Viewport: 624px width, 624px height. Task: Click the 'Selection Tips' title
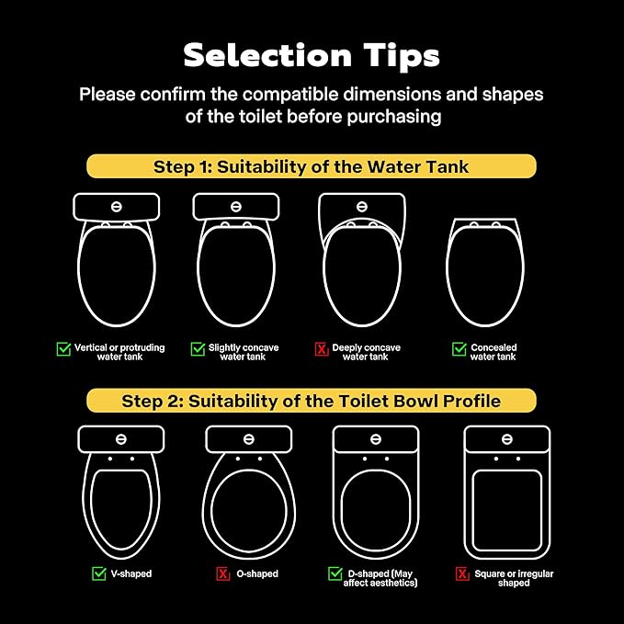312,56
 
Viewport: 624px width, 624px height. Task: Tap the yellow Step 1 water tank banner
312,166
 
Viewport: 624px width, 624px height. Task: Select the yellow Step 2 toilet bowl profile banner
312,401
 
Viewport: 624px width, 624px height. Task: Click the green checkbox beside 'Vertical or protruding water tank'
63,349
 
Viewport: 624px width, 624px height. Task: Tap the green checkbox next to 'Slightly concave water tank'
198,349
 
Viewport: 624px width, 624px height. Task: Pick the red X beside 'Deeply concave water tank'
322,349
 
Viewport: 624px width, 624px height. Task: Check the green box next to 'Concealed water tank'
459,349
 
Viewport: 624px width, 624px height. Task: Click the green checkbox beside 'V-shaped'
99,573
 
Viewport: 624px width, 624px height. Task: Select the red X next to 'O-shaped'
222,573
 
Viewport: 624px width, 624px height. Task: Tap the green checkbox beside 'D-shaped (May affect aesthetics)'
335,573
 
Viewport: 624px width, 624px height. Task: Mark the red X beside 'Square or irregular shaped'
462,573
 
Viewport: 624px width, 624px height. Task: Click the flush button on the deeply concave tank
362,207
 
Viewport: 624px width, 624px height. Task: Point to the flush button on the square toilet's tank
507,439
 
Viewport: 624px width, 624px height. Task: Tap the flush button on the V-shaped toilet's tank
121,439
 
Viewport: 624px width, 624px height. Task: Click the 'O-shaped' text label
257,573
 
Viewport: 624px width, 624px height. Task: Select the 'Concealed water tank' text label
494,352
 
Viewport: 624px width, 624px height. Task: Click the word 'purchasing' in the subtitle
394,118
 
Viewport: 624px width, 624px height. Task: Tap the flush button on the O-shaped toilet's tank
249,439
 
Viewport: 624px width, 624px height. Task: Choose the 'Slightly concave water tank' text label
244,352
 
